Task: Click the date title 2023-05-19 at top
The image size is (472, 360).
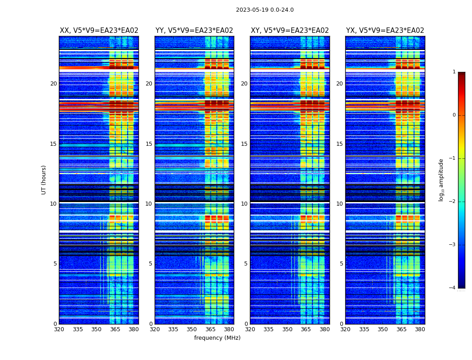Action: pyautogui.click(x=264, y=10)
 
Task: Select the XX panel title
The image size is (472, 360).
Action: pyautogui.click(x=99, y=31)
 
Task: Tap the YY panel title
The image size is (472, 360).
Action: pyautogui.click(x=194, y=31)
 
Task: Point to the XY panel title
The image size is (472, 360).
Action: pyautogui.click(x=289, y=31)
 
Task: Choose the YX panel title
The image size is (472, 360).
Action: pyautogui.click(x=385, y=31)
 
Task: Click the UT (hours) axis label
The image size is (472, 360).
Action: pyautogui.click(x=44, y=180)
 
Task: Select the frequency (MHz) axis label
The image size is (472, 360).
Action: pyautogui.click(x=217, y=338)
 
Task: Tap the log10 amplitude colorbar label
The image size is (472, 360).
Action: pyautogui.click(x=441, y=180)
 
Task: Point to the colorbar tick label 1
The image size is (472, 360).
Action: pyautogui.click(x=454, y=72)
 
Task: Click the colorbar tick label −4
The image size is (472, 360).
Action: pyautogui.click(x=453, y=288)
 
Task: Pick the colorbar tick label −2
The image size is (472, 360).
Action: pyautogui.click(x=453, y=202)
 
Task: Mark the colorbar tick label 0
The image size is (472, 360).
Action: pyautogui.click(x=454, y=115)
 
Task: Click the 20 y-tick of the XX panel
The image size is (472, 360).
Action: pyautogui.click(x=53, y=84)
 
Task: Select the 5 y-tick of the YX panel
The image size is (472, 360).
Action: pyautogui.click(x=342, y=264)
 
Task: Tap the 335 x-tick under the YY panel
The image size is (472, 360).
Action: pyautogui.click(x=173, y=329)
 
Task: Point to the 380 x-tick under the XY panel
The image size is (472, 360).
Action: pyautogui.click(x=325, y=329)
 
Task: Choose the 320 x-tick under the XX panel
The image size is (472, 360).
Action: pyautogui.click(x=59, y=329)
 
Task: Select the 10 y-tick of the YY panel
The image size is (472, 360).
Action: pyautogui.click(x=149, y=204)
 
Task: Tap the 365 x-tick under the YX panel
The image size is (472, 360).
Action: pyautogui.click(x=401, y=329)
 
